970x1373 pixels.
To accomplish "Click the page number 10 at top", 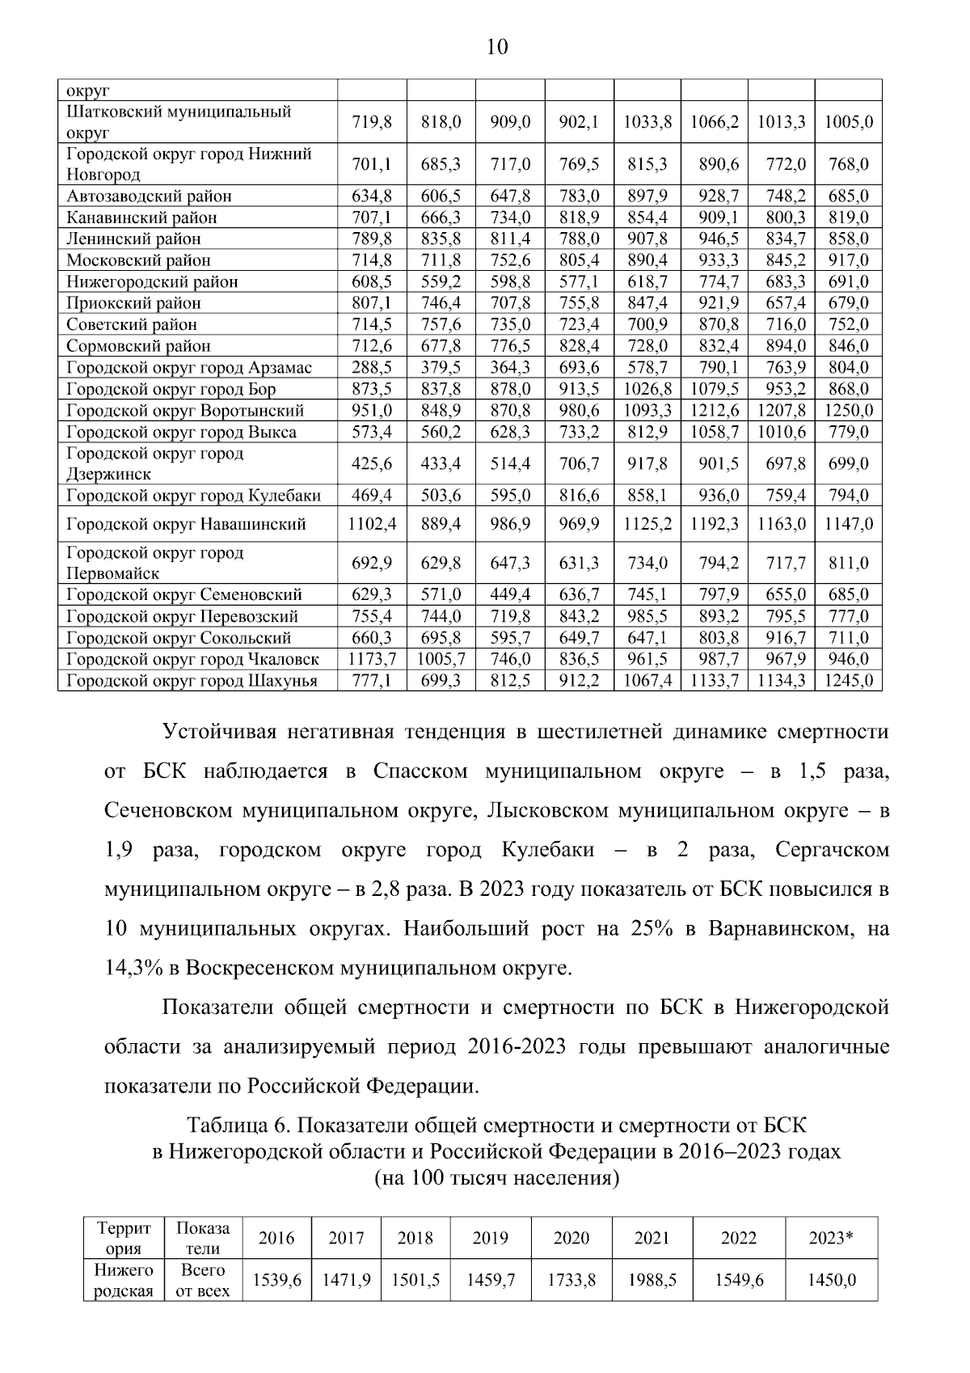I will click(497, 48).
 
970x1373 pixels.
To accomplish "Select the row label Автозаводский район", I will click(149, 196).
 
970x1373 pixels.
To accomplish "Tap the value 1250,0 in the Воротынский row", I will click(848, 410).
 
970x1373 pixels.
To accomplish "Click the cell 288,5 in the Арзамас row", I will click(372, 367).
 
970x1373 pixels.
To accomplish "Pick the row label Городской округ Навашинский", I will click(186, 524).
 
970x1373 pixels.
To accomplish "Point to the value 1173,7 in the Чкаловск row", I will click(372, 659).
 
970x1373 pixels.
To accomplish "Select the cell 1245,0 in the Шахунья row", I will click(848, 681).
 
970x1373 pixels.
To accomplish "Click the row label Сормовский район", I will click(138, 346).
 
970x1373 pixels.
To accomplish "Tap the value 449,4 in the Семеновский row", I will click(510, 594).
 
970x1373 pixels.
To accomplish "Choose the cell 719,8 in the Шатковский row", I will click(372, 122).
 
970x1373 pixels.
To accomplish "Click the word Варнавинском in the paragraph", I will click(780, 928).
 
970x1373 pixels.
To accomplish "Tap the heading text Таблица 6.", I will click(242, 1125).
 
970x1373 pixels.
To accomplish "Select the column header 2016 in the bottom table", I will click(276, 1238).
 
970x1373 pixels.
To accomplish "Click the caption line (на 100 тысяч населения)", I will click(496, 1178).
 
